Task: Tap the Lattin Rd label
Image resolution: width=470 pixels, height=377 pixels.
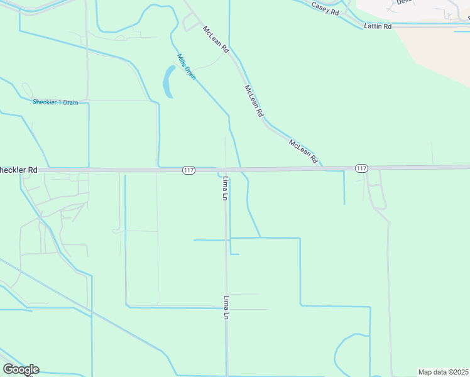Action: (378, 26)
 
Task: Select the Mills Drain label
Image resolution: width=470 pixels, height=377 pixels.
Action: (186, 66)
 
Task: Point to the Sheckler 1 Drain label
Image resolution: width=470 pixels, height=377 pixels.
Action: (55, 102)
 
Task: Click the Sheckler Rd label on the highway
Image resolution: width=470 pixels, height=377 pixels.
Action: (19, 170)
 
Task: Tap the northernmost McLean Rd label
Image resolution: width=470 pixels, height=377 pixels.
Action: (216, 38)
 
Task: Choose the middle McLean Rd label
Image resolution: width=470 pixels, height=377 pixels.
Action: (254, 101)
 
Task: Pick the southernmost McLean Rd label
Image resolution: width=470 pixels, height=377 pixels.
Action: (303, 151)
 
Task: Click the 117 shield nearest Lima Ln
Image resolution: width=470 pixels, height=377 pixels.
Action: (189, 170)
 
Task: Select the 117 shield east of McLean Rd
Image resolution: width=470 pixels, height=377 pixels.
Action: (361, 168)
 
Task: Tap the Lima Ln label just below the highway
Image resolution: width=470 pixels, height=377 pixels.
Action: (225, 188)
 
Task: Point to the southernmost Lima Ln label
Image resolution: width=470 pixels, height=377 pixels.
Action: (225, 308)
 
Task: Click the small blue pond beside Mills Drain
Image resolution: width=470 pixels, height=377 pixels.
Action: (168, 82)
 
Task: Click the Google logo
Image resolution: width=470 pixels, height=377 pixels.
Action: (21, 369)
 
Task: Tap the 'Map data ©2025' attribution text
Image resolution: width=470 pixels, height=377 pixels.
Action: (444, 372)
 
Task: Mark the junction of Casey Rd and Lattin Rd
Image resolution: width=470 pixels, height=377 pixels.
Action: (363, 26)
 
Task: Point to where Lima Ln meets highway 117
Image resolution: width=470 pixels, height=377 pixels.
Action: (226, 169)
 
